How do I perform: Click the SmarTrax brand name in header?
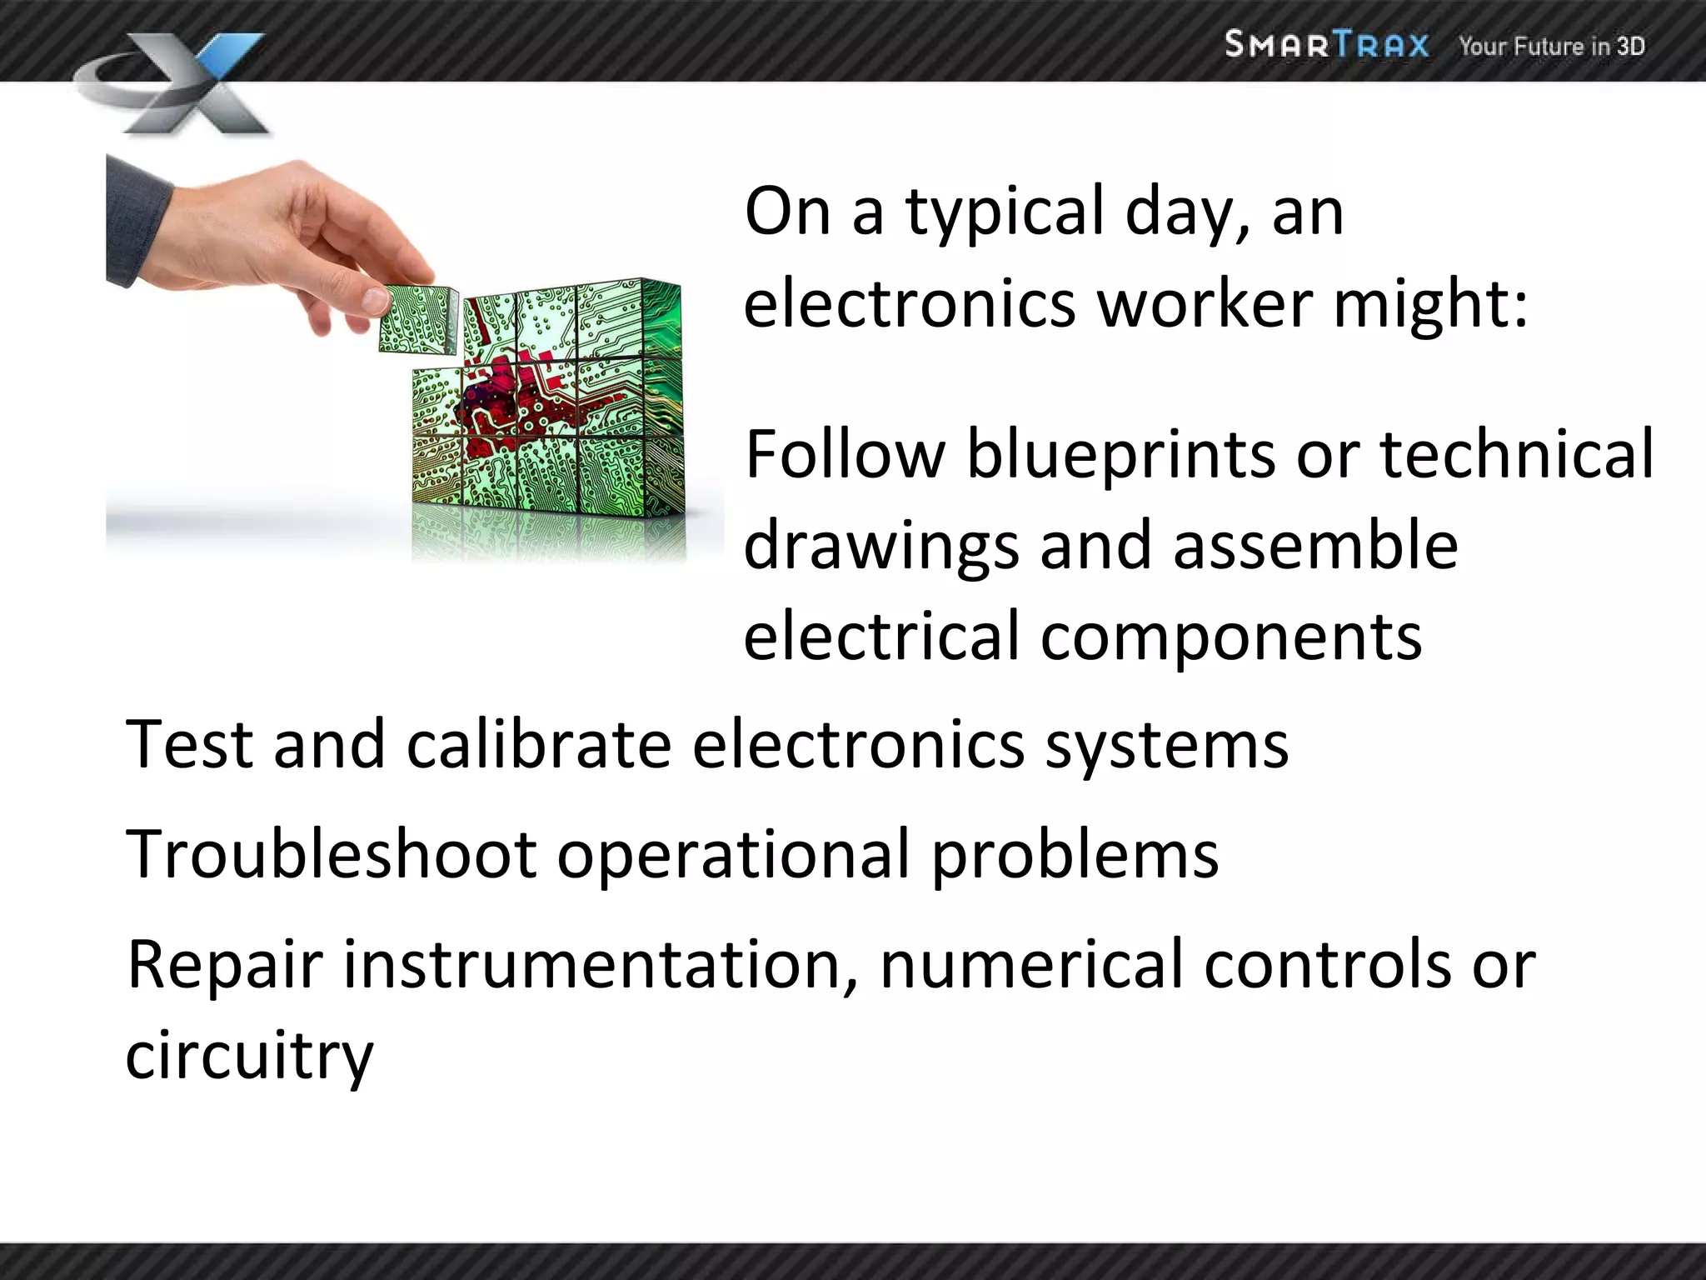coord(1326,44)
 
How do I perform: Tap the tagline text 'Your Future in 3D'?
coord(1551,46)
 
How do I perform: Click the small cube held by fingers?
coord(417,318)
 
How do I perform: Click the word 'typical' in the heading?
coord(1004,212)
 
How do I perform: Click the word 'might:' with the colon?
coord(1430,303)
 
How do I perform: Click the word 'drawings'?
coord(880,547)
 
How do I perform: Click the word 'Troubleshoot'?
coord(331,854)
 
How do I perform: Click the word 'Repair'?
coord(224,965)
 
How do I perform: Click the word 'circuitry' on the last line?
coord(249,1056)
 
